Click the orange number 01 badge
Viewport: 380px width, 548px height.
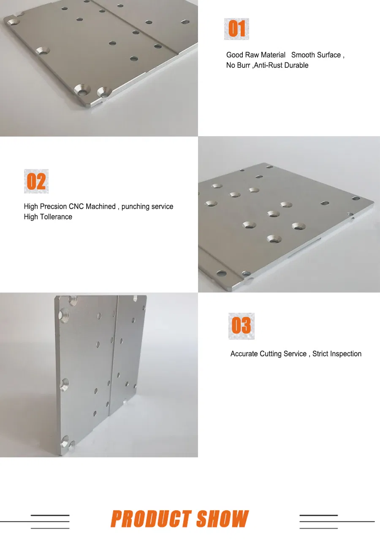tap(236, 29)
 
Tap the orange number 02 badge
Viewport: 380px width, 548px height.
tap(36, 182)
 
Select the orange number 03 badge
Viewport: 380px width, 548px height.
tap(241, 326)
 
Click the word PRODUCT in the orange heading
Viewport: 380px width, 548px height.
tap(151, 519)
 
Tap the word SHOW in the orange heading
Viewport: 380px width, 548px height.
tap(223, 519)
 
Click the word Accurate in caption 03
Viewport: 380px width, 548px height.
tap(244, 354)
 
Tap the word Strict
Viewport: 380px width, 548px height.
tap(320, 354)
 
